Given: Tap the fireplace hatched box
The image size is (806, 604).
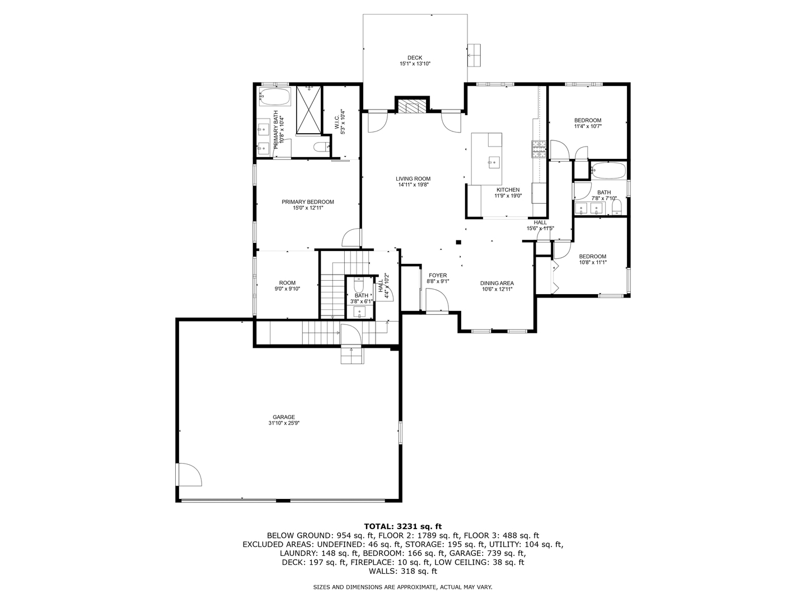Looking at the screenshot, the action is point(411,107).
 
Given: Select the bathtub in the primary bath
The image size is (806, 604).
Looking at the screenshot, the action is point(275,96).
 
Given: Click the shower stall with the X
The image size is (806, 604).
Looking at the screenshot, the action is point(308,109).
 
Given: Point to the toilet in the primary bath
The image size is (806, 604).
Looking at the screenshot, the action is point(321,147).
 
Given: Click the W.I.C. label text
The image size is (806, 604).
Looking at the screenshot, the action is point(336,121).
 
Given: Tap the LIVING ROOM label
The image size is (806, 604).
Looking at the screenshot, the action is point(413,179).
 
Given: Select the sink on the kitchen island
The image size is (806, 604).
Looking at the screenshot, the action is point(494,162).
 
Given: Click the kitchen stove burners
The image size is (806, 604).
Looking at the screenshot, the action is point(538,149).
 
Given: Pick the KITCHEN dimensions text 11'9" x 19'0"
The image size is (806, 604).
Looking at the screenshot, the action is point(508,196).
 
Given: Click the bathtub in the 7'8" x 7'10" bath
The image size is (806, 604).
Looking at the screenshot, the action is point(608,171).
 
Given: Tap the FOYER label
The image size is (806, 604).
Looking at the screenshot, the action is point(438,275).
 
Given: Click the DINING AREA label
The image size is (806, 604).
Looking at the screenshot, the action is point(497,283).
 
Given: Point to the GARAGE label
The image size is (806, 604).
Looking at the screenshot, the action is point(284,417).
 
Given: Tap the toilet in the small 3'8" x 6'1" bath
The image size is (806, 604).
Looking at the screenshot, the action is point(358,285).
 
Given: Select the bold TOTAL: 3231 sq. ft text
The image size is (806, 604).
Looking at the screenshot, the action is point(403,527).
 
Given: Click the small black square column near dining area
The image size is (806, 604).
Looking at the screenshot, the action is point(458,242).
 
